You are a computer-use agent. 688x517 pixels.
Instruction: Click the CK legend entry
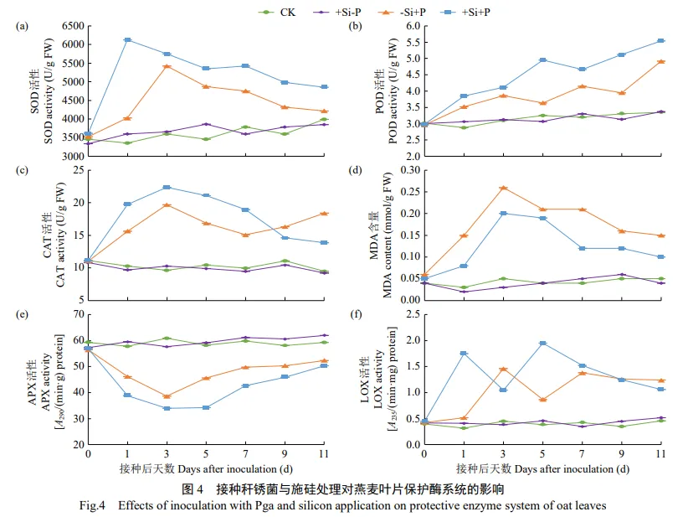coord(277,12)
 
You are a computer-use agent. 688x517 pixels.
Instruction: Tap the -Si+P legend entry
coord(397,12)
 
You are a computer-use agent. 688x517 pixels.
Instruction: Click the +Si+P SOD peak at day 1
coord(127,39)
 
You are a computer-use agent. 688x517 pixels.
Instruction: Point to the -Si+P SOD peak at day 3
coord(167,66)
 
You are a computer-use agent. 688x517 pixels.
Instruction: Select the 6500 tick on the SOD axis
coord(69,26)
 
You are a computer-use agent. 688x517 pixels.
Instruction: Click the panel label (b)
coord(355,27)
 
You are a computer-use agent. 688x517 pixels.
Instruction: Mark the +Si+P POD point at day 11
coord(660,41)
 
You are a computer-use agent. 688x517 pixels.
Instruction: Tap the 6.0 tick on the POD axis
coord(409,26)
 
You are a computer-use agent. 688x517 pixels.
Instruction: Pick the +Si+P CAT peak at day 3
coord(167,187)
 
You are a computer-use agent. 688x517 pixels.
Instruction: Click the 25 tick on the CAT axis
coord(74,170)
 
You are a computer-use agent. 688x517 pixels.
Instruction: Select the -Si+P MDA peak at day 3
coord(503,188)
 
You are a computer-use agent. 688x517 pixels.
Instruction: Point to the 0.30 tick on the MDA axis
coord(406,170)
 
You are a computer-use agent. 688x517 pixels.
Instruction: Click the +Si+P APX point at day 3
coord(167,408)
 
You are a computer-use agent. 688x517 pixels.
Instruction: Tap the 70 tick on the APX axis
coord(74,314)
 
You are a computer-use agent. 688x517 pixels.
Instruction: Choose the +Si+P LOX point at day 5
coord(542,344)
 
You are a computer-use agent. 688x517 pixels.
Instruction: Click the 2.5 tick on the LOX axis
coord(409,314)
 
